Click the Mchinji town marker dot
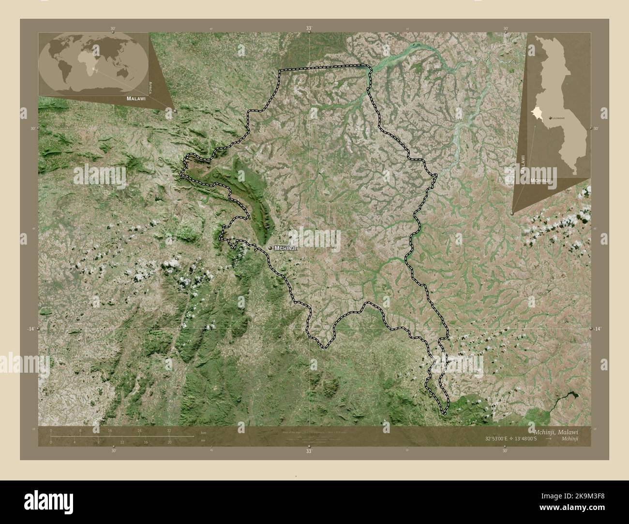coord(270,248)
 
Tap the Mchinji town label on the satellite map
coord(285,248)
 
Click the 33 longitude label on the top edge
coord(309,29)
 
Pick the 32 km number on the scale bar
coord(169,430)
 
